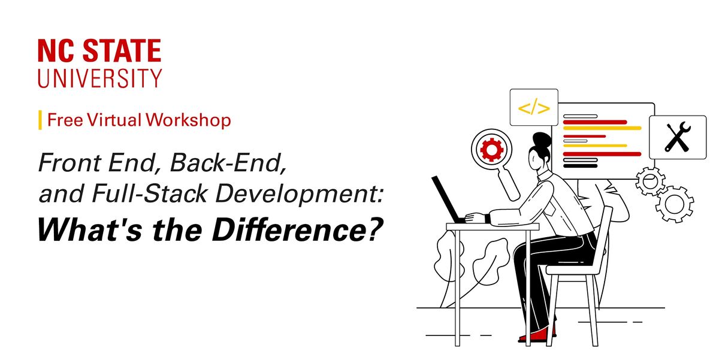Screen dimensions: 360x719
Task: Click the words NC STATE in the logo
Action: (x=99, y=52)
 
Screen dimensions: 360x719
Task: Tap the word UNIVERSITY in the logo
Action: (x=99, y=78)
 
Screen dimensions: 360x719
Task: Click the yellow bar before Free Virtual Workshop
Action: (x=40, y=120)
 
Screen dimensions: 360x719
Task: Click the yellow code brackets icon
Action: (x=533, y=108)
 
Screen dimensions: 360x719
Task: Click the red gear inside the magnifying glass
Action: (x=491, y=150)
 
